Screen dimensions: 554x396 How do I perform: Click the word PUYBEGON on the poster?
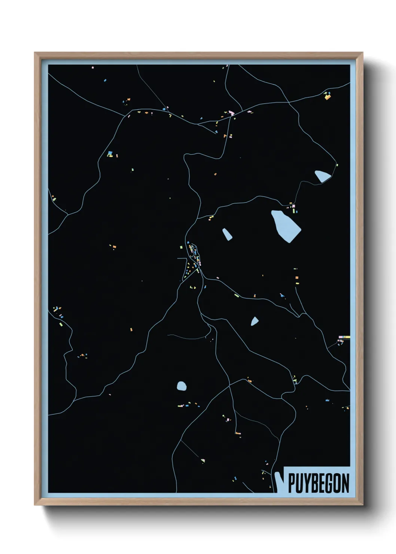click(x=319, y=483)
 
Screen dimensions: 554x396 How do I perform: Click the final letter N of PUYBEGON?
click(x=345, y=483)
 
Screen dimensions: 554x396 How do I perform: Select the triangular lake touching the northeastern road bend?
click(x=322, y=176)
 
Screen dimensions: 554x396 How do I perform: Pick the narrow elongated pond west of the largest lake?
click(x=227, y=234)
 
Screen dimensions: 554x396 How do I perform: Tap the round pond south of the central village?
click(x=182, y=386)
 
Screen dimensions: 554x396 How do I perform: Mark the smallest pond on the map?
click(x=255, y=321)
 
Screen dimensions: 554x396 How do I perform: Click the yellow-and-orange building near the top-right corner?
click(x=328, y=96)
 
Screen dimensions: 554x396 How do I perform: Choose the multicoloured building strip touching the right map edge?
click(x=344, y=337)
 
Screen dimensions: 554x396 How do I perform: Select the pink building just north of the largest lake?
click(x=293, y=206)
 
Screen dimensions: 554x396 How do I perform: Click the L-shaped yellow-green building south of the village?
click(x=194, y=287)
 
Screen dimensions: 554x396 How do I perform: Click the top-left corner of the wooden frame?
click(x=35, y=53)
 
